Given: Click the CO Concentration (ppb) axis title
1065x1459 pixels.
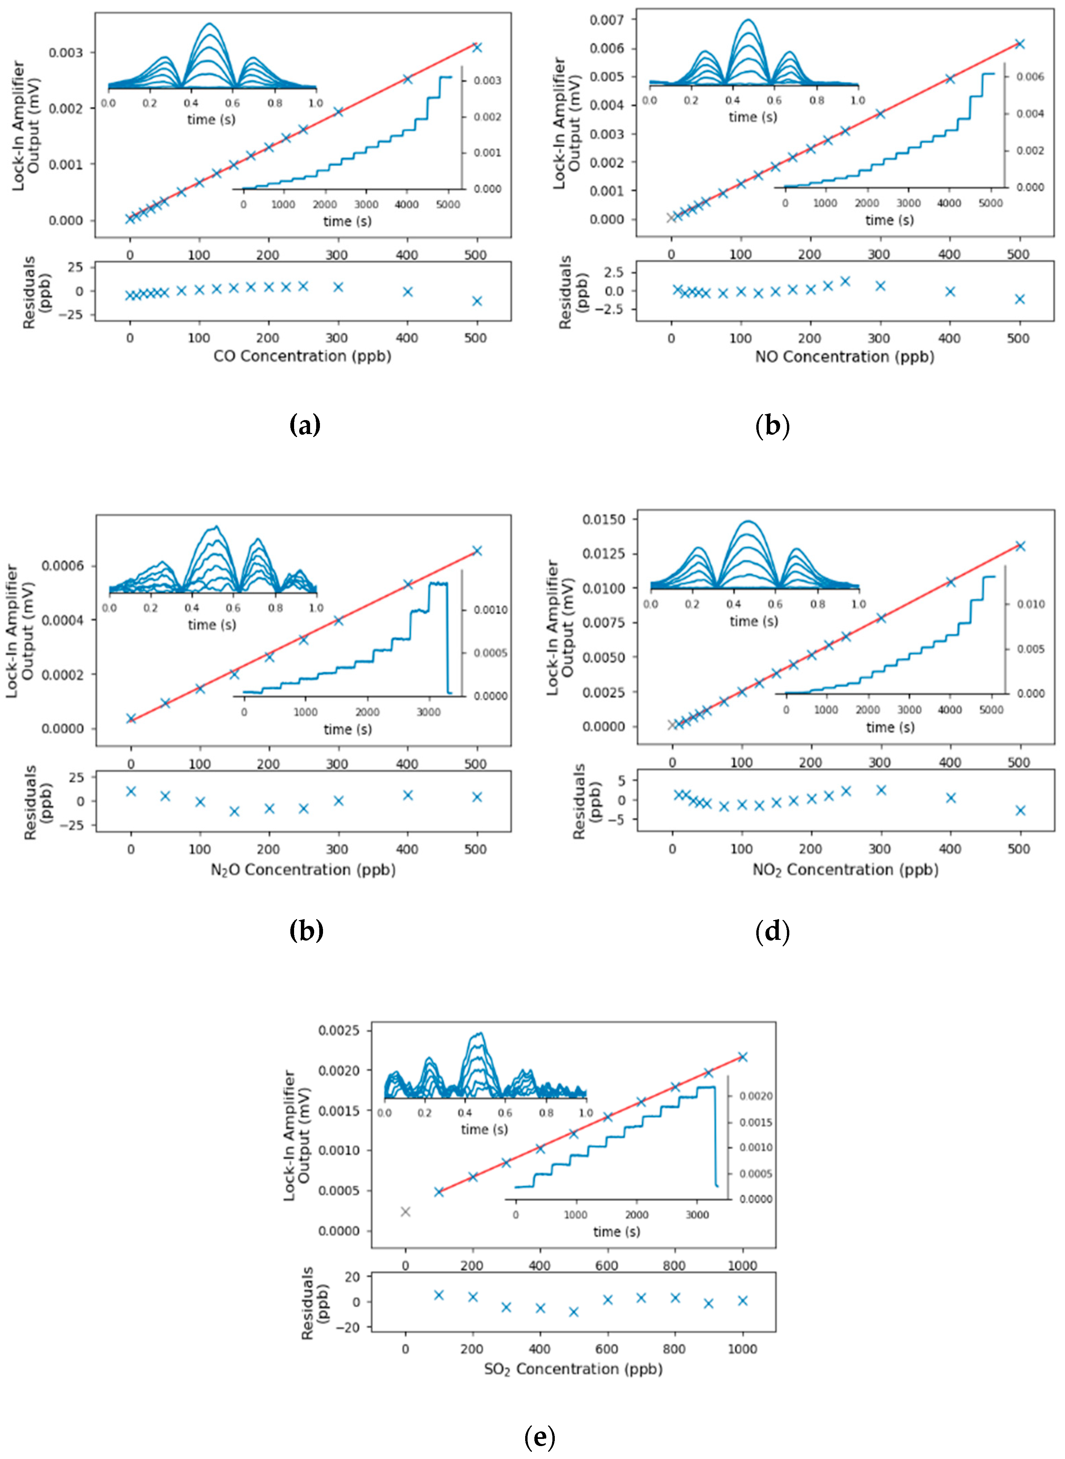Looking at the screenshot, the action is pyautogui.click(x=302, y=356).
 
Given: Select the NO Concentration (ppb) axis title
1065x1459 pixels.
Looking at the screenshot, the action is pyautogui.click(x=844, y=356).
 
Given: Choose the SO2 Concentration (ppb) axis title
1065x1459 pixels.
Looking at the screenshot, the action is pyautogui.click(x=573, y=1369).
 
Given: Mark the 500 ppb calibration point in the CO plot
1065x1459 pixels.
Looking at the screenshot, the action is pyautogui.click(x=477, y=47).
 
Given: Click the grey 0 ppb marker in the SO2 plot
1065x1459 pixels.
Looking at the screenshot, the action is pyautogui.click(x=405, y=1212).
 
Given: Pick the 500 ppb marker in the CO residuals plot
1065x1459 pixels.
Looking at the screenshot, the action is pyautogui.click(x=477, y=301).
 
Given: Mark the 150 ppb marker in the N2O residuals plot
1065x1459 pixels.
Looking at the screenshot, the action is pyautogui.click(x=235, y=811).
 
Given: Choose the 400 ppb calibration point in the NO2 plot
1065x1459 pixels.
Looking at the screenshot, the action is pyautogui.click(x=950, y=581).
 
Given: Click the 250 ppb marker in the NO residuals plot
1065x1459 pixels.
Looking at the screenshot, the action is pyautogui.click(x=845, y=281).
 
